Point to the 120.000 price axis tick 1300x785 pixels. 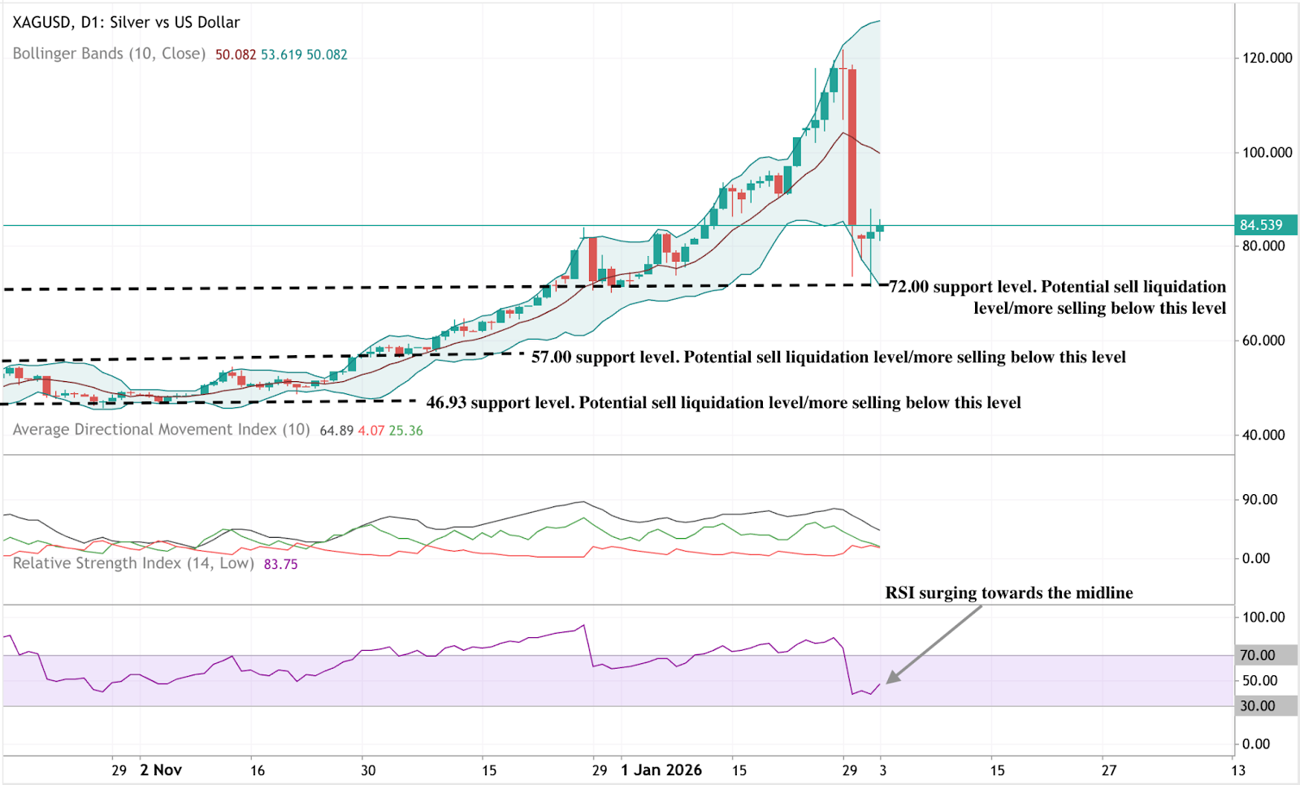pyautogui.click(x=1267, y=58)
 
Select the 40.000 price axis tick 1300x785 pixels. pyautogui.click(x=1263, y=435)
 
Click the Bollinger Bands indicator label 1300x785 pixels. pyautogui.click(x=109, y=54)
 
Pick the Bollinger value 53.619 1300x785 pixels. pyautogui.click(x=281, y=54)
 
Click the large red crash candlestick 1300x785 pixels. pyautogui.click(x=852, y=146)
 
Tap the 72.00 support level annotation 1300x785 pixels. pyautogui.click(x=1057, y=297)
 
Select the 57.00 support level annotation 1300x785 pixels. pyautogui.click(x=828, y=357)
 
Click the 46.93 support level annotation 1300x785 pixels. pyautogui.click(x=723, y=402)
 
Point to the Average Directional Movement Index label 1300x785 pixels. pyautogui.click(x=161, y=430)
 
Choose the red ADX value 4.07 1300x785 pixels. pyautogui.click(x=370, y=431)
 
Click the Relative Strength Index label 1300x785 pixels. pyautogui.click(x=133, y=563)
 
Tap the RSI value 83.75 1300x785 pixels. pyautogui.click(x=280, y=564)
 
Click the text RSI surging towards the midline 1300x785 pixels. pyautogui.click(x=1008, y=592)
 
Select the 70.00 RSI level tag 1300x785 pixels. pyautogui.click(x=1257, y=655)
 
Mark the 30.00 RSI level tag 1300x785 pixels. pyautogui.click(x=1257, y=706)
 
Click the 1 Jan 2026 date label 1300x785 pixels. pyautogui.click(x=661, y=770)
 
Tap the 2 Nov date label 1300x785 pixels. pyautogui.click(x=161, y=770)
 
